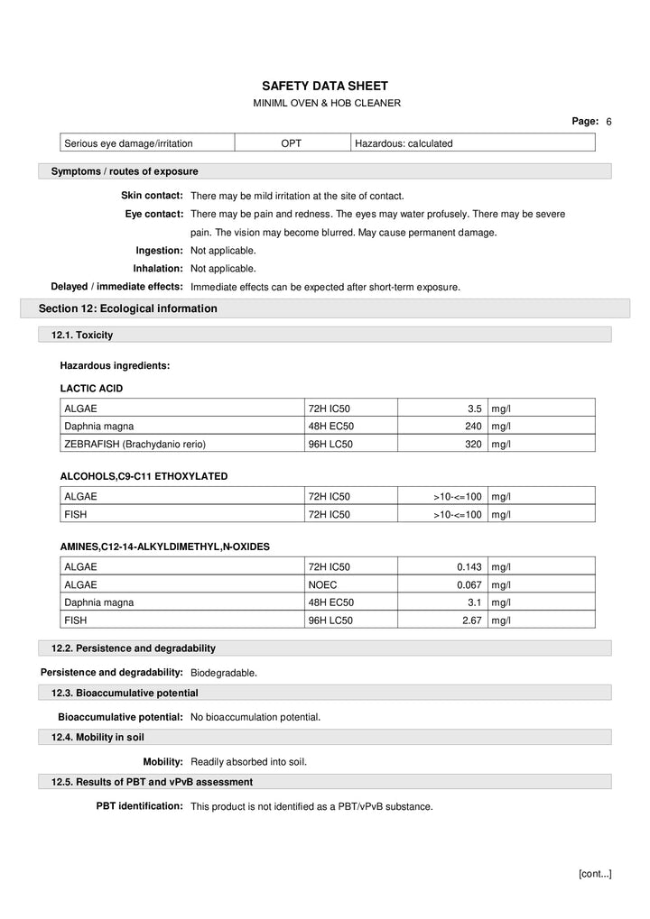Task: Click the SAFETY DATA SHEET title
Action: coord(325,86)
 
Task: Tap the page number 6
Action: coord(608,122)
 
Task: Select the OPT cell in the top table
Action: coord(292,142)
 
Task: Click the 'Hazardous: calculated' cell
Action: coord(404,142)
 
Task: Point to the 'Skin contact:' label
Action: coord(153,196)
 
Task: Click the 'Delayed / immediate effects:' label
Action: coord(117,287)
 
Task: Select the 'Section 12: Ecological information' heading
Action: coord(128,308)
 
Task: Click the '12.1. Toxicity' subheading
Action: coord(82,335)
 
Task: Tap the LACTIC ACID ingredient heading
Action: coord(91,389)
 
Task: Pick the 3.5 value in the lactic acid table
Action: coord(475,409)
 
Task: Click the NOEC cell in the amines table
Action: coord(323,584)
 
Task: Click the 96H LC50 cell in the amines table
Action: coord(330,620)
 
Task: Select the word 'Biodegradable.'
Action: coord(224,673)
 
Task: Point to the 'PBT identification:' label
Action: coord(140,806)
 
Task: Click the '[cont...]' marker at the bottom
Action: coord(594,873)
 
